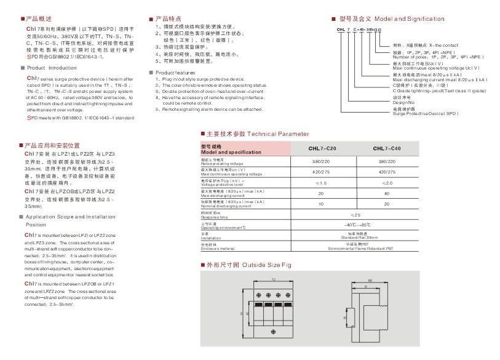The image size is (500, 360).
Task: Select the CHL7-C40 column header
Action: pos(388,148)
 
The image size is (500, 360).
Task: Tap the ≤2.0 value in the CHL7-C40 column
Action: pos(388,183)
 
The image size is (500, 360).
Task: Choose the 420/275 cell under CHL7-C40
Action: pos(388,172)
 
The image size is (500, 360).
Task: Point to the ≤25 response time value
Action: pos(355,215)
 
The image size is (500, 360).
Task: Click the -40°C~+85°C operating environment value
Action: pos(355,225)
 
